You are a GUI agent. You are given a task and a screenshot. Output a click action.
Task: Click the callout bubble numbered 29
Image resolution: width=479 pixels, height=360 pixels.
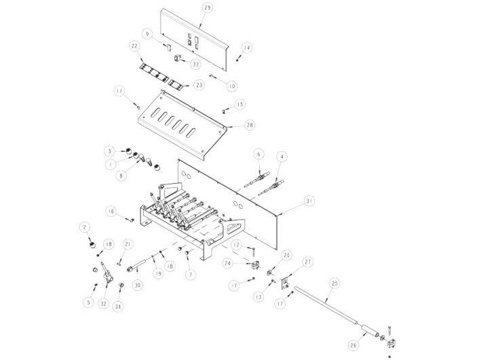pos(208,7)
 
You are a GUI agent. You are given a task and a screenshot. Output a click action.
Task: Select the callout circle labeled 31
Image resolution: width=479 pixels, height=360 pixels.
pos(309,201)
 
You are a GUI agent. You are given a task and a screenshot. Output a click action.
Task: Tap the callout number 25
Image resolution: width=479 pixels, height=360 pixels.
pos(334,283)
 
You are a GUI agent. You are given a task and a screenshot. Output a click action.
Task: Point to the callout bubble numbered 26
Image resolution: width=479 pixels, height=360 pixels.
pos(353,345)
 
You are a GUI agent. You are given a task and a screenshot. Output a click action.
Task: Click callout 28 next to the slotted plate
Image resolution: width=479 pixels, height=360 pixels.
pos(250,125)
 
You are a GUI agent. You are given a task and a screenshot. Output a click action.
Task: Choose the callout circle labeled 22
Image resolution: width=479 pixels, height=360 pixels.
pos(135,46)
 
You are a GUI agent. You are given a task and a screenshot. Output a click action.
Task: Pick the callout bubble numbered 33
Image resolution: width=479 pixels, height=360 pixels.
pos(195,64)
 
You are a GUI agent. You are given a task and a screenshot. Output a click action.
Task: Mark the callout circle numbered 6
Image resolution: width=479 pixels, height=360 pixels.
pos(258,154)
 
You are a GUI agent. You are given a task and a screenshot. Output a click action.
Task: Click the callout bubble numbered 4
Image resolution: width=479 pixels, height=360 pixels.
pos(282,157)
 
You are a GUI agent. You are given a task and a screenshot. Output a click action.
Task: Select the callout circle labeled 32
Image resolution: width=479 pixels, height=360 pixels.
pos(104,304)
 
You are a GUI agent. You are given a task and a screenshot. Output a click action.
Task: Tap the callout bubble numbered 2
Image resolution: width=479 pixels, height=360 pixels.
pos(85,227)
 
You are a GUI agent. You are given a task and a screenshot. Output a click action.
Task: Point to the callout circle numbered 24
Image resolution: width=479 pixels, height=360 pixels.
pos(227,263)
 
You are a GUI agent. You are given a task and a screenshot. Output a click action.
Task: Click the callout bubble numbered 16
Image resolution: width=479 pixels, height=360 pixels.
pos(111,212)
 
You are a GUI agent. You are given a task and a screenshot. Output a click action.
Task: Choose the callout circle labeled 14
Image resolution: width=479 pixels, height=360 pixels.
pos(247,47)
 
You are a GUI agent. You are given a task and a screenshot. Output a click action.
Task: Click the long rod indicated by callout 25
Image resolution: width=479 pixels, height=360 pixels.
pos(325,302)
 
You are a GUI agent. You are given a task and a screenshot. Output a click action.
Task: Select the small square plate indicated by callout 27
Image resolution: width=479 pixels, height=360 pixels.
pos(286,282)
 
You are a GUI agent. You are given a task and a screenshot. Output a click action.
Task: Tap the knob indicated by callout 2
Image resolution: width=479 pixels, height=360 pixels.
pos(92,245)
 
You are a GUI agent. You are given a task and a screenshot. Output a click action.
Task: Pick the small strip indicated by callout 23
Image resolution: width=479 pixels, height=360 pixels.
pos(176,84)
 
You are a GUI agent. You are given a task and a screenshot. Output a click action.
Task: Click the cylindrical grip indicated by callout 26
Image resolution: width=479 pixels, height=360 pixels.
pos(369,330)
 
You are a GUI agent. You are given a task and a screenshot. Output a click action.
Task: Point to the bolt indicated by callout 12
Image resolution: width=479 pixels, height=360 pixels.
pos(253,252)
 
